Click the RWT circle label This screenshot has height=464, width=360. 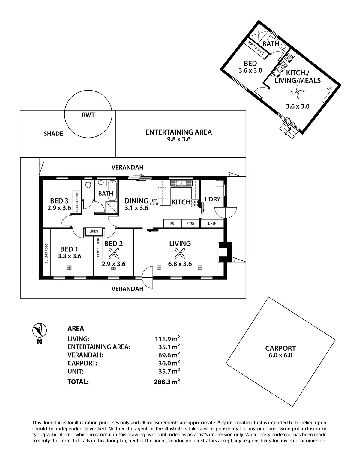coord(88,115)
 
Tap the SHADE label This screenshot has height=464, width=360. coord(53,134)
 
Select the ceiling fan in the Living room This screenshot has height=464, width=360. coord(180,254)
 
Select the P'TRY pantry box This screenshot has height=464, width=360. coord(190,223)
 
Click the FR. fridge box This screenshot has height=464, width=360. coord(172,223)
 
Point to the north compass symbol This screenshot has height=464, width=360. coord(39,331)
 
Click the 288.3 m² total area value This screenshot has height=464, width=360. coord(166,382)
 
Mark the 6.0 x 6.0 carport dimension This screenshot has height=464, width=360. coord(280,355)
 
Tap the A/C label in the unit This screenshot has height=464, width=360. coord(329,89)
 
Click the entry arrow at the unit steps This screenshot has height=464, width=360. coord(289,129)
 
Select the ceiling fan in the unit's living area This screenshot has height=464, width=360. coord(297,91)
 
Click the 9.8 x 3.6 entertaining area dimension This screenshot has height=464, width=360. coord(178,139)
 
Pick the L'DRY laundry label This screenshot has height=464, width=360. coord(212,199)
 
